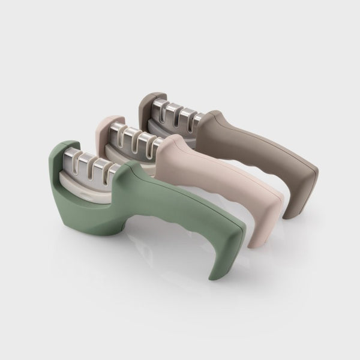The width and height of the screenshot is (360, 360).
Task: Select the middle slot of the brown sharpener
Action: (x=175, y=113)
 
